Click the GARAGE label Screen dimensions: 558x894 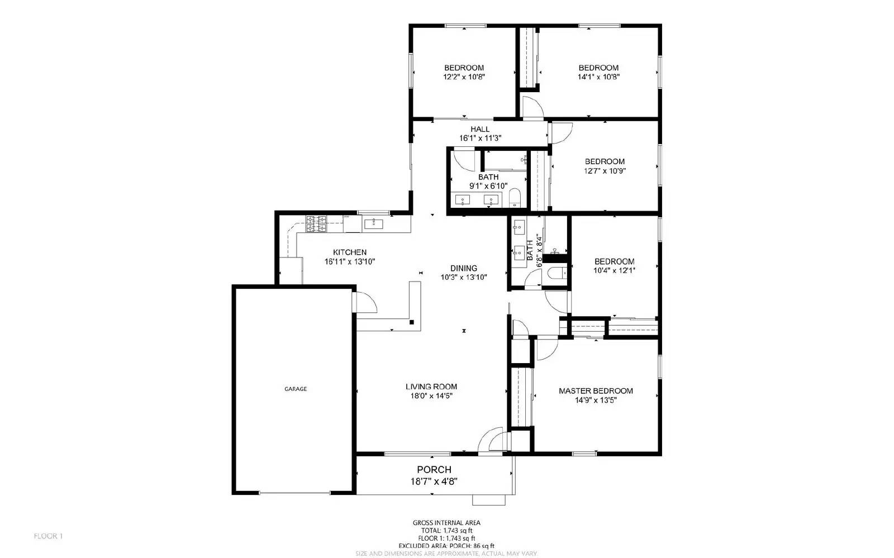tap(296, 389)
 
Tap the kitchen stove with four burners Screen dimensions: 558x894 tap(316, 224)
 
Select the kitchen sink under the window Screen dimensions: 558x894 tap(373, 224)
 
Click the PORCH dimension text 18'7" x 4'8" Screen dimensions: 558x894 tap(434, 481)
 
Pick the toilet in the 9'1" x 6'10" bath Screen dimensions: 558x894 tap(515, 198)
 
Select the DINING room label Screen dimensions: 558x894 tap(464, 268)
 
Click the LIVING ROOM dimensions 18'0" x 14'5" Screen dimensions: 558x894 tap(431, 396)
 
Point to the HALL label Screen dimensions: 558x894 tap(480, 129)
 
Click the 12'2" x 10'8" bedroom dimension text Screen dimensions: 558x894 tap(464, 77)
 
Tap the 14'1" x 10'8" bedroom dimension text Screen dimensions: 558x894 tap(598, 77)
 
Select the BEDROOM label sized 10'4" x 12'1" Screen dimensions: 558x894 tap(614, 261)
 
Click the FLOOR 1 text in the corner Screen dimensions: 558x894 tap(49, 536)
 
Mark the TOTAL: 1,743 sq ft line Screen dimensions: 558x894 tap(446, 531)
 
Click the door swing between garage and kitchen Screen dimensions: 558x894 tap(366, 303)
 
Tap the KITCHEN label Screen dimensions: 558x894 tap(350, 252)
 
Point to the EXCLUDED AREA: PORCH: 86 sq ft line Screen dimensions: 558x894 tap(446, 546)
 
